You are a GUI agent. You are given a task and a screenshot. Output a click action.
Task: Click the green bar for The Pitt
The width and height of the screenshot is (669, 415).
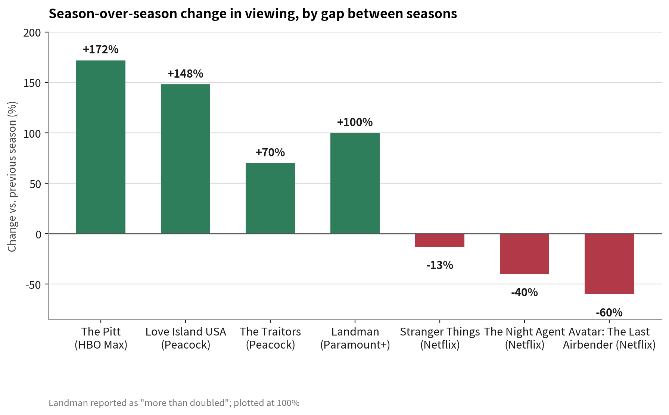(101, 147)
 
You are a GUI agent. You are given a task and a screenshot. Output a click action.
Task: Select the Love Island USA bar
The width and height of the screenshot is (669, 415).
(186, 159)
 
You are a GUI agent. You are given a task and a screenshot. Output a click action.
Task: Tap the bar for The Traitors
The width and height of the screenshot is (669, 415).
(270, 198)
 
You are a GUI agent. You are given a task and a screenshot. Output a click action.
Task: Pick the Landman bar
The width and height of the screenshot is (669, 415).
(355, 183)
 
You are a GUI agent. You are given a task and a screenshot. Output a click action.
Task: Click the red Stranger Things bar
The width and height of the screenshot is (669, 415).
(440, 240)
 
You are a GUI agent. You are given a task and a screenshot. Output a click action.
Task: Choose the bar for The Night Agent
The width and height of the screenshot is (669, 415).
(525, 254)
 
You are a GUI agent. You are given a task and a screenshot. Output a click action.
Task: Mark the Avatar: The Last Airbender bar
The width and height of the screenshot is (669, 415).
(609, 264)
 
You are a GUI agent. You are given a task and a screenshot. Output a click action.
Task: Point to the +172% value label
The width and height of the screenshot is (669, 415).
(101, 49)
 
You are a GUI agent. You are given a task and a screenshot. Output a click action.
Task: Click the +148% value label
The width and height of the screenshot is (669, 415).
(186, 74)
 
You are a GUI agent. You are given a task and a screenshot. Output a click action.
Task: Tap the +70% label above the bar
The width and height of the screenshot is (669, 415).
(270, 152)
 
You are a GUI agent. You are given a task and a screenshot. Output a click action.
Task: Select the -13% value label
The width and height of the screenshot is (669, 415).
(440, 265)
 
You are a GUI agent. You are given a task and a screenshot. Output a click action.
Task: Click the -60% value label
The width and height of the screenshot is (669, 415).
(609, 312)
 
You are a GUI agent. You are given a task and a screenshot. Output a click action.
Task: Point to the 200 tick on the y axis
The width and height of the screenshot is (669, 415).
(32, 33)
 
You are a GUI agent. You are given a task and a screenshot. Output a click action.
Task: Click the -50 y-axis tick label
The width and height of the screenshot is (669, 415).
(33, 285)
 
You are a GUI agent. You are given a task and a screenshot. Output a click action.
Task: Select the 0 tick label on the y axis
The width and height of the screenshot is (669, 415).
(38, 234)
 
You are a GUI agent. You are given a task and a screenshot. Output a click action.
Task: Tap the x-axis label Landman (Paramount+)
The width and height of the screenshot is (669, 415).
(355, 338)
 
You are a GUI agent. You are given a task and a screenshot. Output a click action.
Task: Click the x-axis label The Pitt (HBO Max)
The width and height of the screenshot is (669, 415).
(101, 338)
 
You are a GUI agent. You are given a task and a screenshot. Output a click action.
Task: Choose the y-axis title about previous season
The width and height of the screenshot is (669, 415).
(12, 177)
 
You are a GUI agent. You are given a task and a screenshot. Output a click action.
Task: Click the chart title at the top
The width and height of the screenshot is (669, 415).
(253, 14)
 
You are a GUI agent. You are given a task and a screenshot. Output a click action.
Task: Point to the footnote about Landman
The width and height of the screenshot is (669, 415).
(174, 403)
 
